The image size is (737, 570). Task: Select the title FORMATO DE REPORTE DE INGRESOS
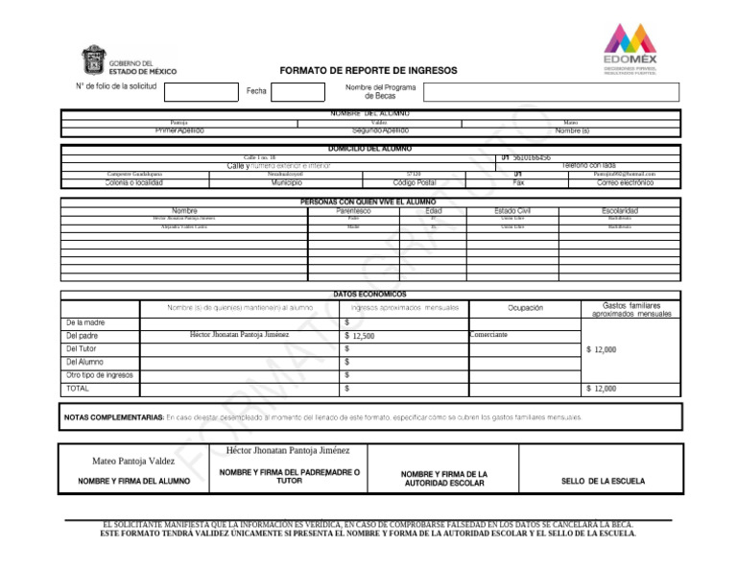pyautogui.click(x=368, y=71)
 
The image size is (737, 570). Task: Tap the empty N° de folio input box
pyautogui.click(x=199, y=92)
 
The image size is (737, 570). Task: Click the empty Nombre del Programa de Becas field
pyautogui.click(x=551, y=92)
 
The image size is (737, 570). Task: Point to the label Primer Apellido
pyautogui.click(x=179, y=131)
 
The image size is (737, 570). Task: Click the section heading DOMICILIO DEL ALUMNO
pyautogui.click(x=369, y=149)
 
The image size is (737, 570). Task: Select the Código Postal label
pyautogui.click(x=415, y=182)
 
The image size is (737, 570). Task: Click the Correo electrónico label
pyautogui.click(x=625, y=182)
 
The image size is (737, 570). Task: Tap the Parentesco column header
pyautogui.click(x=327, y=210)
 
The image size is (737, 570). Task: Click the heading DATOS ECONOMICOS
pyautogui.click(x=369, y=294)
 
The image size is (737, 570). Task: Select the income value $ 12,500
pyautogui.click(x=360, y=337)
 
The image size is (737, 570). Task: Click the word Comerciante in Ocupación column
pyautogui.click(x=488, y=335)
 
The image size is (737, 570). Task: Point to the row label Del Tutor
pyautogui.click(x=83, y=349)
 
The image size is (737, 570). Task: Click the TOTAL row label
pyautogui.click(x=78, y=389)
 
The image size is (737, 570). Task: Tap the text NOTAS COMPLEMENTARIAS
pyautogui.click(x=114, y=417)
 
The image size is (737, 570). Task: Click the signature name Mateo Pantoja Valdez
pyautogui.click(x=133, y=462)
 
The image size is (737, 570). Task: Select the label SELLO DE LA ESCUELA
pyautogui.click(x=603, y=481)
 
